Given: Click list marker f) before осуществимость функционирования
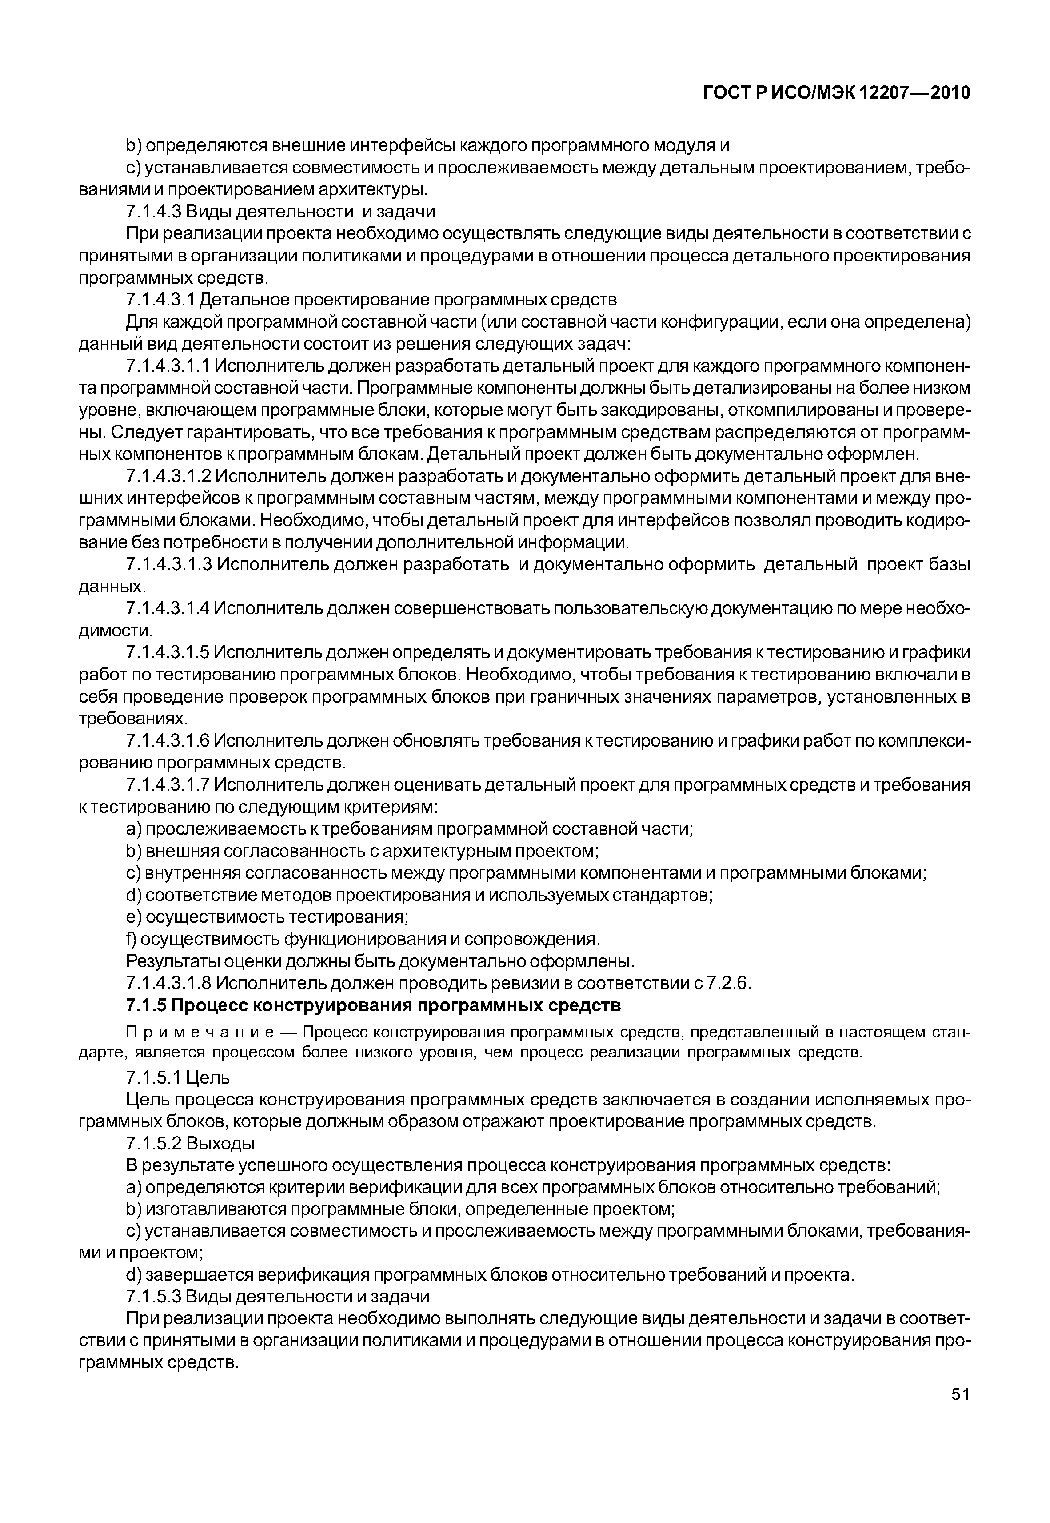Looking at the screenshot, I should point(131,939).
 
